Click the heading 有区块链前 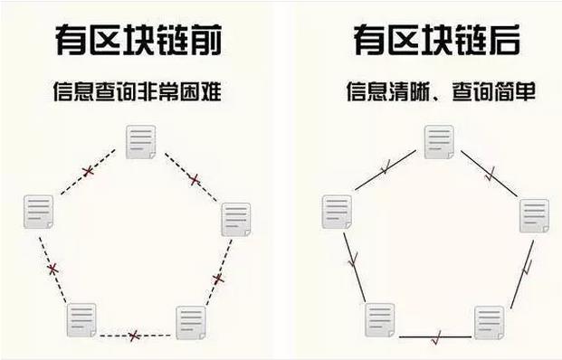pos(138,42)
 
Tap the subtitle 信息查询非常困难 pos(138,92)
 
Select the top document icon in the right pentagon pos(438,143)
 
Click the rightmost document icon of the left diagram pos(235,220)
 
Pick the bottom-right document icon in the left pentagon pos(190,323)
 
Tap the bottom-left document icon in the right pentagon pos(379,319)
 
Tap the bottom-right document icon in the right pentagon pos(489,323)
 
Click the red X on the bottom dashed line pos(134,336)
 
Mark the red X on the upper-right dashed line pos(194,179)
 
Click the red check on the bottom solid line pos(436,338)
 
